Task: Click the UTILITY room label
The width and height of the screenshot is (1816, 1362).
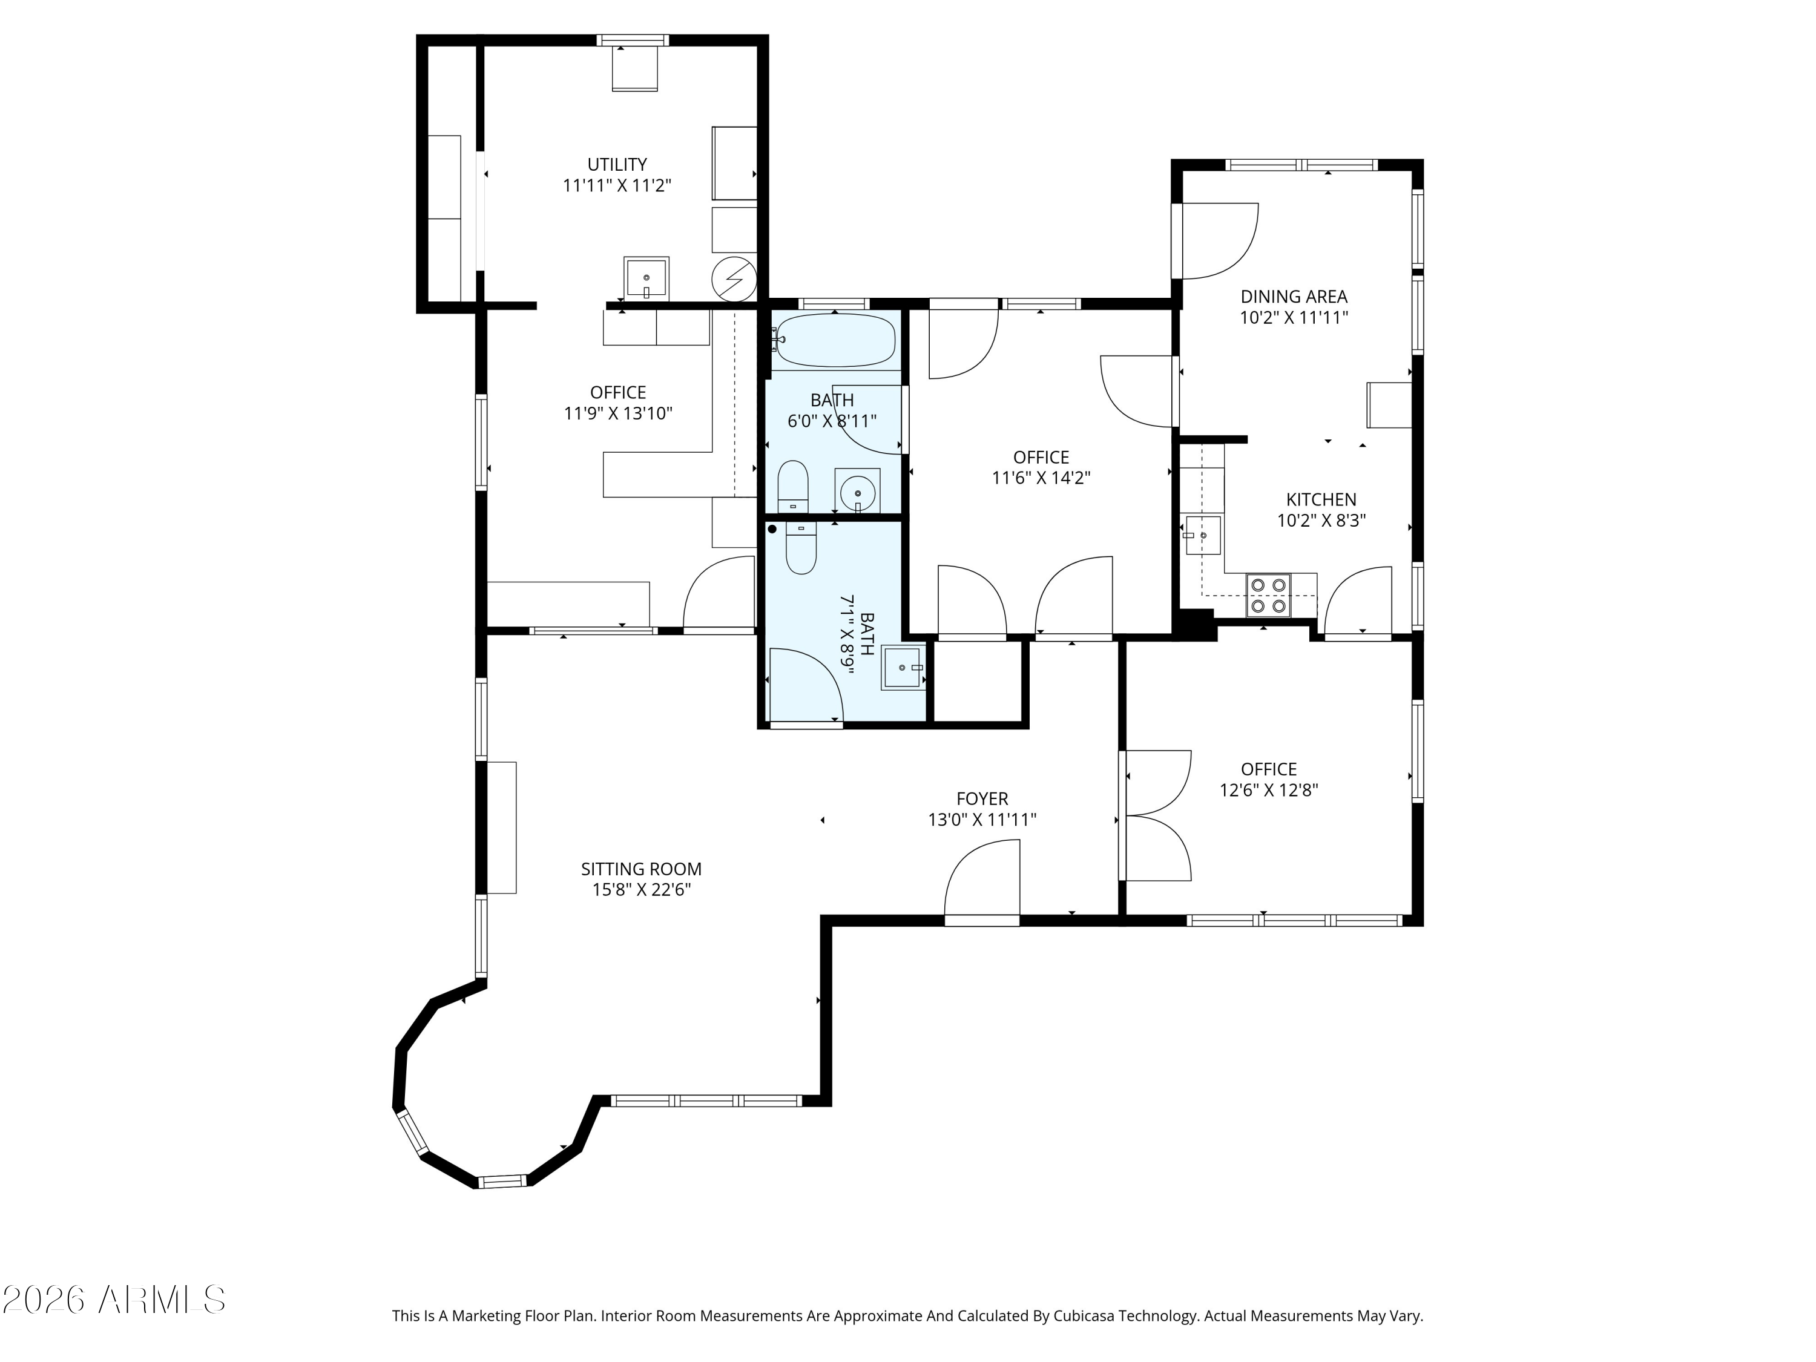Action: point(617,164)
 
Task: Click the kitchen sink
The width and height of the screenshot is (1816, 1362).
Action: point(1203,535)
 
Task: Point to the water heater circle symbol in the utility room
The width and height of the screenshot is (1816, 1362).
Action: point(733,279)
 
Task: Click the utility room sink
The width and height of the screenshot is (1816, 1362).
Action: point(646,278)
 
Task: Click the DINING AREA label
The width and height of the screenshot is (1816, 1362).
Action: point(1294,297)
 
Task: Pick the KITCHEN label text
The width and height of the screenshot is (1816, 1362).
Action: point(1321,499)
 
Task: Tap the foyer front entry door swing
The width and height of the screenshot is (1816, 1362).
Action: point(982,883)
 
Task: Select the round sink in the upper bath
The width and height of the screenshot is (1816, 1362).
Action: point(857,492)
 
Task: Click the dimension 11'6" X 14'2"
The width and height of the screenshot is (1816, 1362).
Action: point(1041,478)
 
